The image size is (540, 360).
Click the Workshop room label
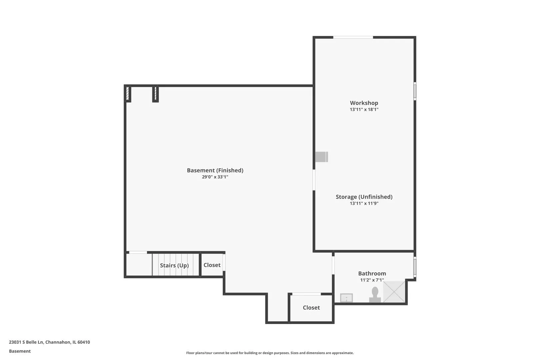[x=364, y=103]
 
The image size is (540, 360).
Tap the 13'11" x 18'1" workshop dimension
[x=364, y=109]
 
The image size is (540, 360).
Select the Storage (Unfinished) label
[x=364, y=197]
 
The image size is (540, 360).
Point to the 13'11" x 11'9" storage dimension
[x=364, y=203]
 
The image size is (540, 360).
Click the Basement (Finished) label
[x=215, y=170]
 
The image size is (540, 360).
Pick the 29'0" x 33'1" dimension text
[x=215, y=177]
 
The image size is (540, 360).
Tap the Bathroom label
[x=372, y=273]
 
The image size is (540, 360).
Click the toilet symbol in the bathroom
[x=375, y=294]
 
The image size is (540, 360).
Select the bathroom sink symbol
[x=346, y=298]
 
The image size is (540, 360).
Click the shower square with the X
[x=394, y=292]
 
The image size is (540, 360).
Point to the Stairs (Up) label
[x=174, y=265]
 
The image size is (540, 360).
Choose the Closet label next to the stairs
[x=212, y=265]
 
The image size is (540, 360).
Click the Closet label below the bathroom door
[x=311, y=307]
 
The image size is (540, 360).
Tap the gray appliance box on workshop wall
[x=322, y=157]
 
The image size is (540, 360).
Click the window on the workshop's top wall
[x=353, y=37]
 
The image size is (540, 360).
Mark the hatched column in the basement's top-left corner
[x=128, y=94]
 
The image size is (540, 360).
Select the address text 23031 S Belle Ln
[x=26, y=342]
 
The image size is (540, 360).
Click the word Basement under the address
[x=20, y=351]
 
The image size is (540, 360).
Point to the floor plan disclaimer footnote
[x=270, y=353]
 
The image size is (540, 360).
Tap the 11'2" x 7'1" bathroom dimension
[x=372, y=280]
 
